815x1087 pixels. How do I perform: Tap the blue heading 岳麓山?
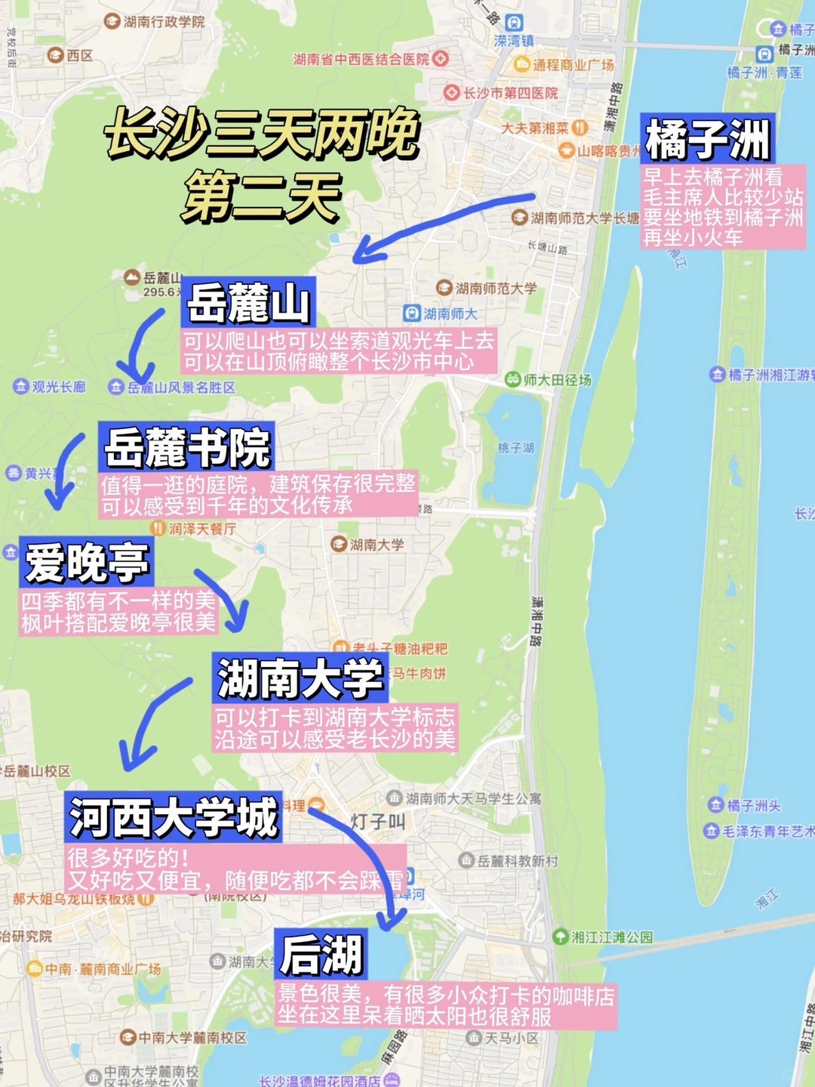pyautogui.click(x=248, y=302)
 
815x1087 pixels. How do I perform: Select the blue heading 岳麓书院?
pyautogui.click(x=186, y=448)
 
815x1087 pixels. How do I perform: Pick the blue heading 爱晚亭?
pyautogui.click(x=87, y=563)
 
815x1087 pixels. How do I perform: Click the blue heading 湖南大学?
pyautogui.click(x=300, y=678)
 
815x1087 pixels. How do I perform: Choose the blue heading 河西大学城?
pyautogui.click(x=174, y=817)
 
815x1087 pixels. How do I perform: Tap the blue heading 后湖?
pyautogui.click(x=321, y=954)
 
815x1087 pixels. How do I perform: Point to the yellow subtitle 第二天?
pyautogui.click(x=261, y=196)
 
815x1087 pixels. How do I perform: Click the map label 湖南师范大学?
pyautogui.click(x=496, y=289)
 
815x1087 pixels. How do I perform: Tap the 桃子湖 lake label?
pyautogui.click(x=515, y=447)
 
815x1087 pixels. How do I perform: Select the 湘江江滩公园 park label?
pyautogui.click(x=611, y=937)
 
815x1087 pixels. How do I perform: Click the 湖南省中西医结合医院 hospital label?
pyautogui.click(x=361, y=59)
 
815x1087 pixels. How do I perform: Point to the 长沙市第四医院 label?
pyautogui.click(x=510, y=93)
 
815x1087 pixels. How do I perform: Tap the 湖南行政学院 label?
pyautogui.click(x=164, y=22)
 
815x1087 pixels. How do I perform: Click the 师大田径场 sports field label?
pyautogui.click(x=557, y=380)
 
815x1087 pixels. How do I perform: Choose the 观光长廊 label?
pyautogui.click(x=58, y=387)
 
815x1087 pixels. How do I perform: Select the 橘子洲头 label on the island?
pyautogui.click(x=753, y=805)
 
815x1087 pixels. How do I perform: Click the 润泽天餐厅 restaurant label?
pyautogui.click(x=201, y=529)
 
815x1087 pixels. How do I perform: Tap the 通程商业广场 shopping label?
pyautogui.click(x=573, y=65)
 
